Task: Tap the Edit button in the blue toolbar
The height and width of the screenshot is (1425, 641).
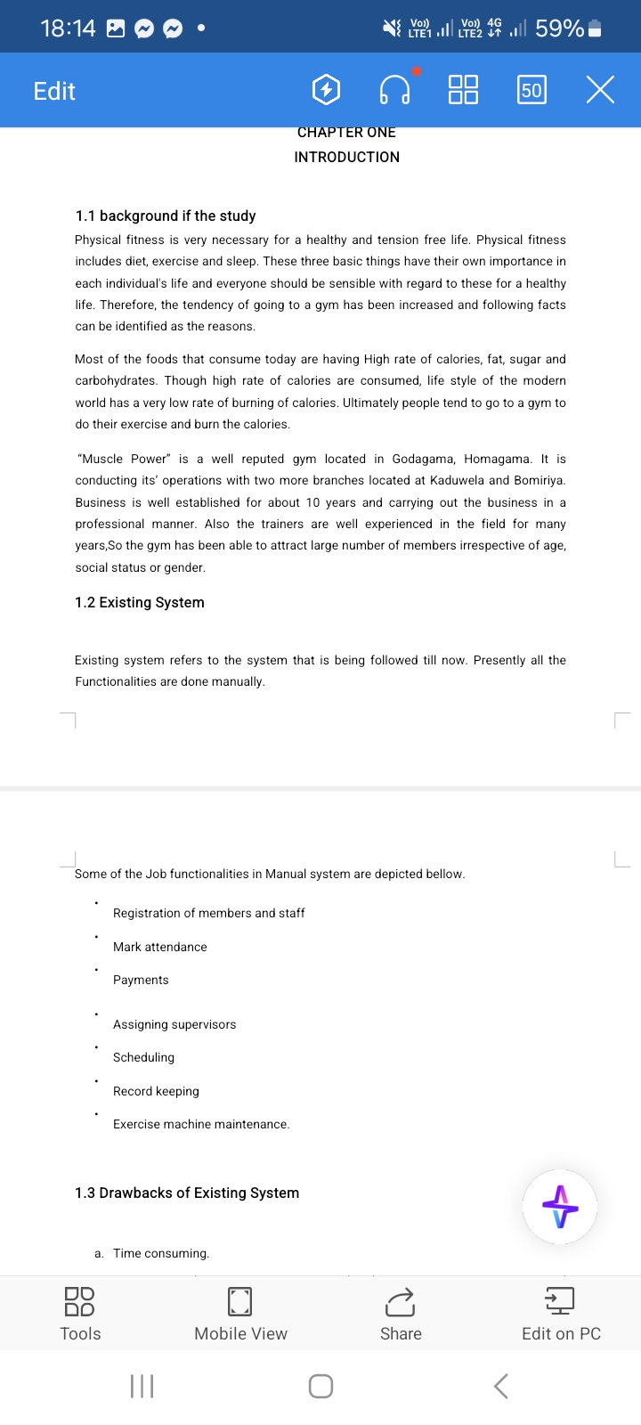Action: tap(54, 91)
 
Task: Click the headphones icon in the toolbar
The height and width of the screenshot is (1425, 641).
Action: tap(395, 90)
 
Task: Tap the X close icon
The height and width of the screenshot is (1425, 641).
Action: tap(600, 90)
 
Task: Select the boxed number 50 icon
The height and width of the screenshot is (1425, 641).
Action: tap(531, 90)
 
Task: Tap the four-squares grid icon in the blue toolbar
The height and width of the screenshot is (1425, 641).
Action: tap(463, 90)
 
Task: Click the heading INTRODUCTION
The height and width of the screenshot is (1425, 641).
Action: tap(347, 157)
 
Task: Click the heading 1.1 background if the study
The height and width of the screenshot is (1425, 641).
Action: tap(166, 216)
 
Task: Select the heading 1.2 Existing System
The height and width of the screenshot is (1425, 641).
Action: tap(140, 602)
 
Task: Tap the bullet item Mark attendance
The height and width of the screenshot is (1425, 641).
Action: tap(160, 947)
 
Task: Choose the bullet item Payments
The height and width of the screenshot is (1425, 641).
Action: tap(141, 980)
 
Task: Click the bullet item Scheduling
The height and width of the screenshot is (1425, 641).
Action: tap(144, 1057)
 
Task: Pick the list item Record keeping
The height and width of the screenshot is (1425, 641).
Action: tap(157, 1091)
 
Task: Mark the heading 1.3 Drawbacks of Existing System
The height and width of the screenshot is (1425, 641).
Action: tap(187, 1193)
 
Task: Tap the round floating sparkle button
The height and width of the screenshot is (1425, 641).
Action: tap(560, 1207)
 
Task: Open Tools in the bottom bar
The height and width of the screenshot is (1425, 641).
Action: tap(80, 1314)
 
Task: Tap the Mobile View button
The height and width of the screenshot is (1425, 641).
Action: tap(240, 1314)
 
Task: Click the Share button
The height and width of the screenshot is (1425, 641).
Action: tap(401, 1314)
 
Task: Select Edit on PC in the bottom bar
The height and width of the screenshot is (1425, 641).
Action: tap(561, 1314)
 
